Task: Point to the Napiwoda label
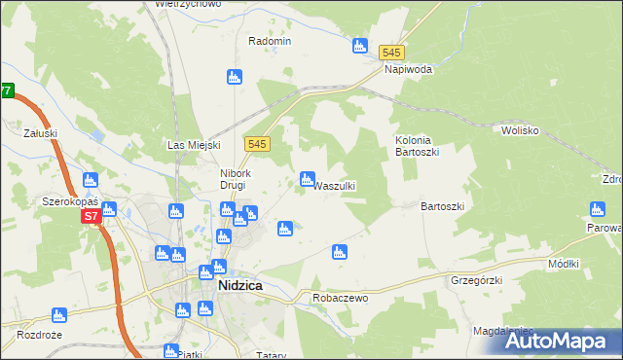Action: coord(408,70)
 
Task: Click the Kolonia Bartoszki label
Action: coord(420,147)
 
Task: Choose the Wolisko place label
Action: coord(521,129)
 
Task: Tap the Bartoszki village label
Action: coord(443,206)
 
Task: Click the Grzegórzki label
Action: coord(475,280)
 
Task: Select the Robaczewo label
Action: coord(340,298)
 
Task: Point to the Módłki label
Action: coord(564,265)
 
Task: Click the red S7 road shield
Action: coord(91,216)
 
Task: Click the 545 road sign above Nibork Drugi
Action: coord(257,143)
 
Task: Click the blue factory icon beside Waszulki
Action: coord(307,179)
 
